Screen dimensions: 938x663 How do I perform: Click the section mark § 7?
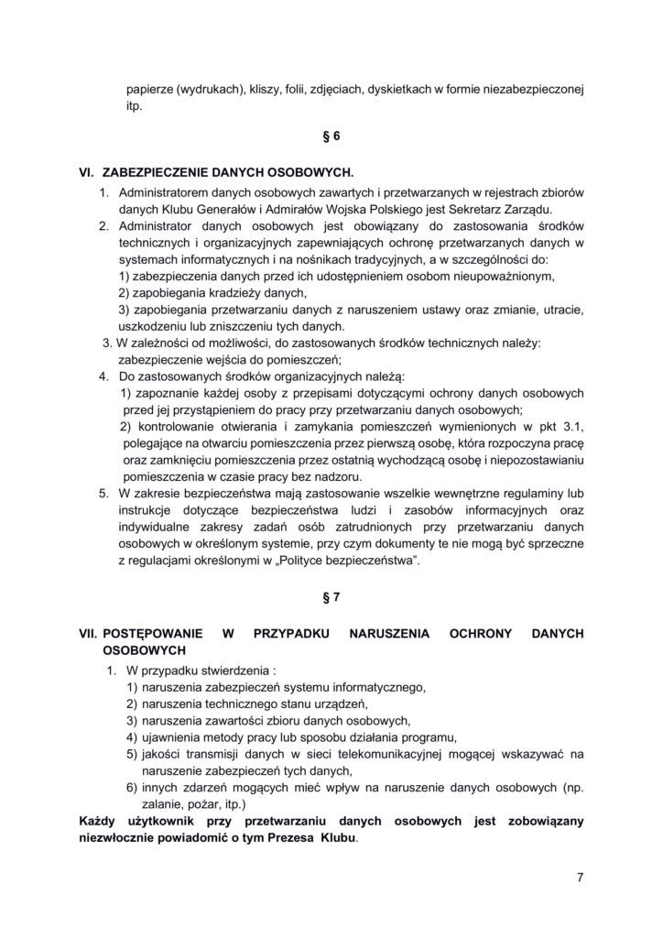point(331,597)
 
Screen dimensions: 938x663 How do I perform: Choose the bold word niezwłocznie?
point(120,838)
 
